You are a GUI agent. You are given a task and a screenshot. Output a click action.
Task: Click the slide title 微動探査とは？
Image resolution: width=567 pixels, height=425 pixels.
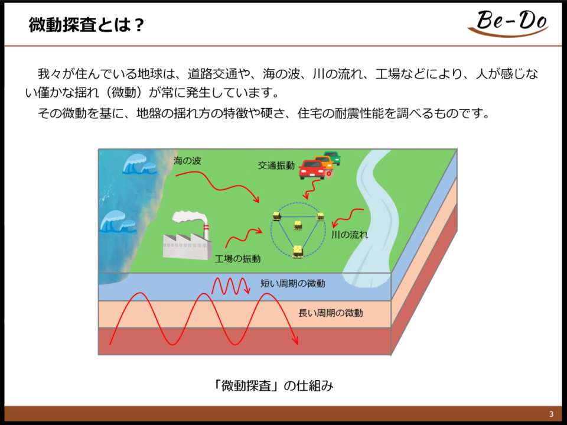86,25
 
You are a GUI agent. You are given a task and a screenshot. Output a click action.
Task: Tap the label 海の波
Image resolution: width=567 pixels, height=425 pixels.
187,160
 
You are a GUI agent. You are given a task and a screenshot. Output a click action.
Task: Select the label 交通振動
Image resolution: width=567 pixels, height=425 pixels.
276,166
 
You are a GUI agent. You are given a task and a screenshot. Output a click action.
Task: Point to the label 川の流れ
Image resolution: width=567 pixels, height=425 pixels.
350,235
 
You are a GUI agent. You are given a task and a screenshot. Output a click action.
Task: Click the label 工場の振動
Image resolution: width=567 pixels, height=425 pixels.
237,258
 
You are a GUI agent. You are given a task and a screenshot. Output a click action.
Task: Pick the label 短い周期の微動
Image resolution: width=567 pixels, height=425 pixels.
293,283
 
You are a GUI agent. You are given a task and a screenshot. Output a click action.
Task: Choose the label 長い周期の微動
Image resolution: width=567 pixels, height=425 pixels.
331,313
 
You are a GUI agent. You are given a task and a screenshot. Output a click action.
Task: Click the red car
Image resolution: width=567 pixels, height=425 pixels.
312,170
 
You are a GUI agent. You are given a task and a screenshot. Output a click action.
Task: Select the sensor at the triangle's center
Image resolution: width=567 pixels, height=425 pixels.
298,225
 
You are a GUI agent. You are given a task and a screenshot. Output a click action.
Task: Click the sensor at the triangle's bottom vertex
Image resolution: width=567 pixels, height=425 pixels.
298,251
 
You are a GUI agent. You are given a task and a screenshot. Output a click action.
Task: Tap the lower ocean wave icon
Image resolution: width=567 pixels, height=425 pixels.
117,221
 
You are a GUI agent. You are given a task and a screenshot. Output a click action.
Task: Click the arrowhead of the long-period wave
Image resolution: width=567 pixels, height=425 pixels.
295,340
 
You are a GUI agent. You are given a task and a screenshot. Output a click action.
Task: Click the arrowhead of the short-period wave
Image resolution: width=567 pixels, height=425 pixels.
247,290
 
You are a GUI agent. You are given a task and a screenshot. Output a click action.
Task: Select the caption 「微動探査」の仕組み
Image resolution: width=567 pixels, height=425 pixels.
273,385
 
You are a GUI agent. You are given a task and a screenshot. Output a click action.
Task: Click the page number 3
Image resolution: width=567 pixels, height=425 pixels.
551,414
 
